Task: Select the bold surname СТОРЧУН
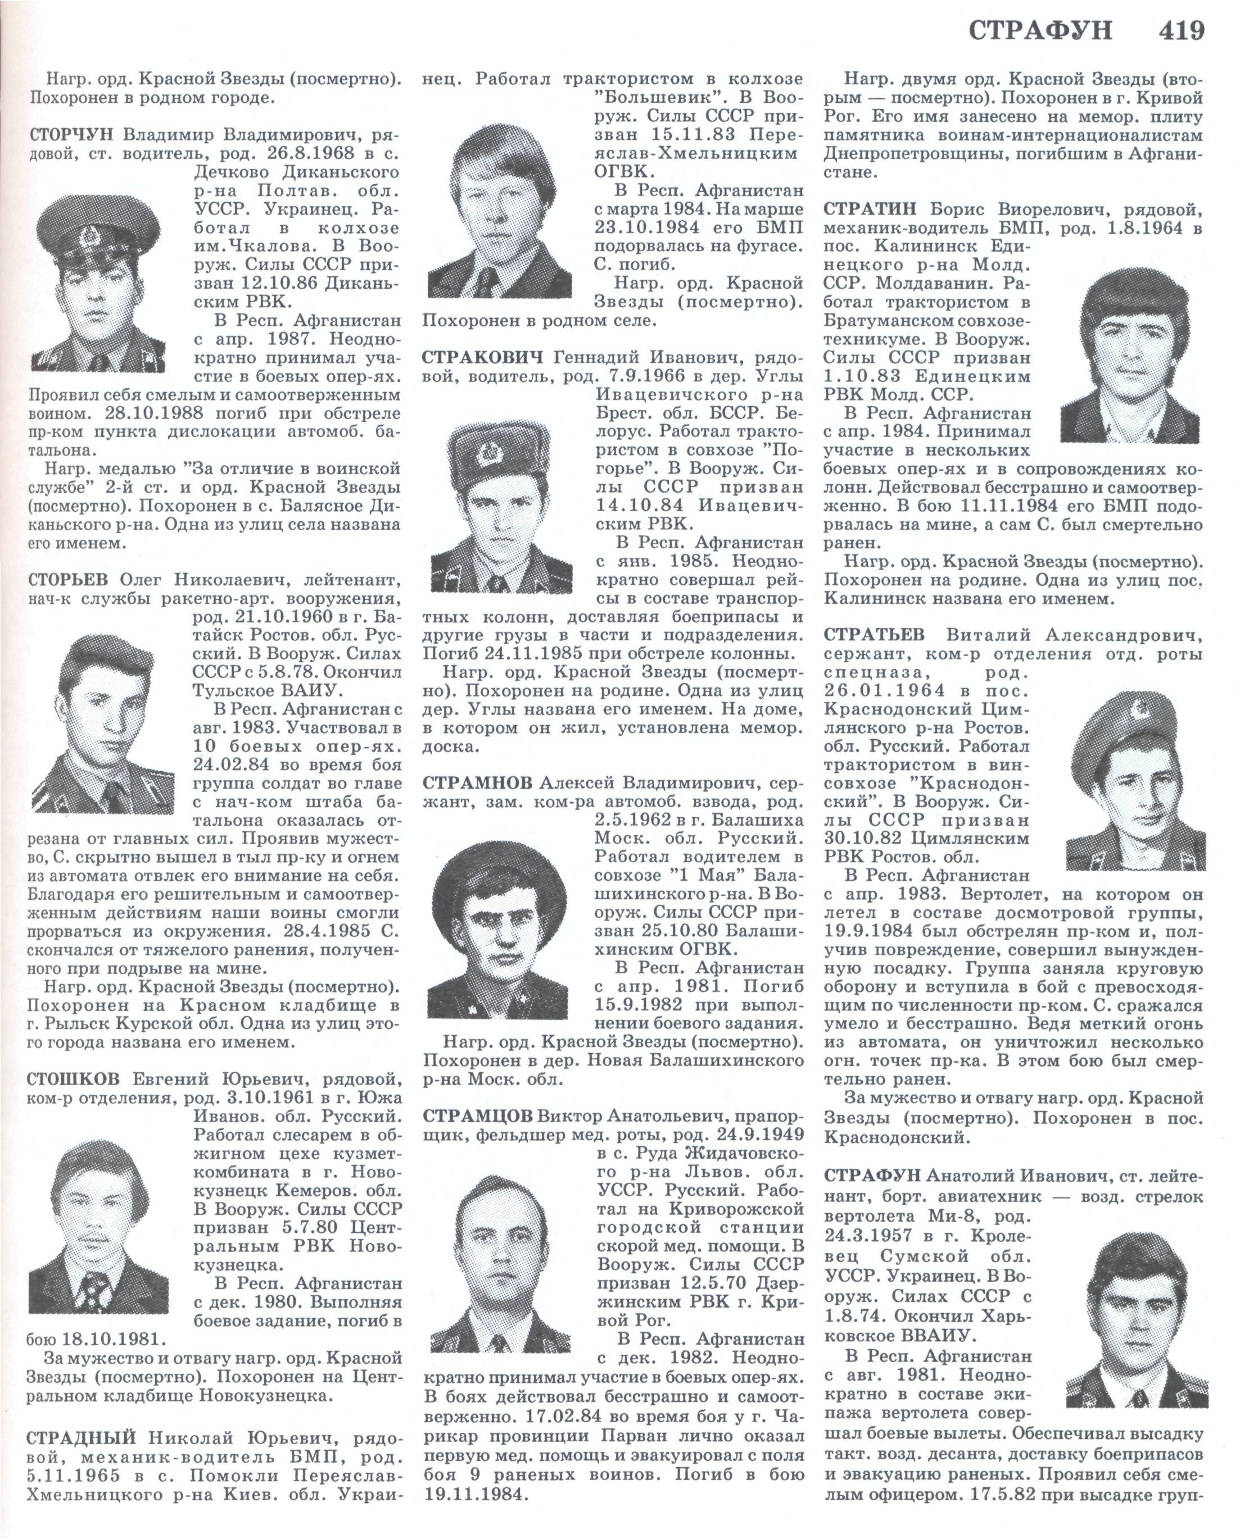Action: tap(71, 135)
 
